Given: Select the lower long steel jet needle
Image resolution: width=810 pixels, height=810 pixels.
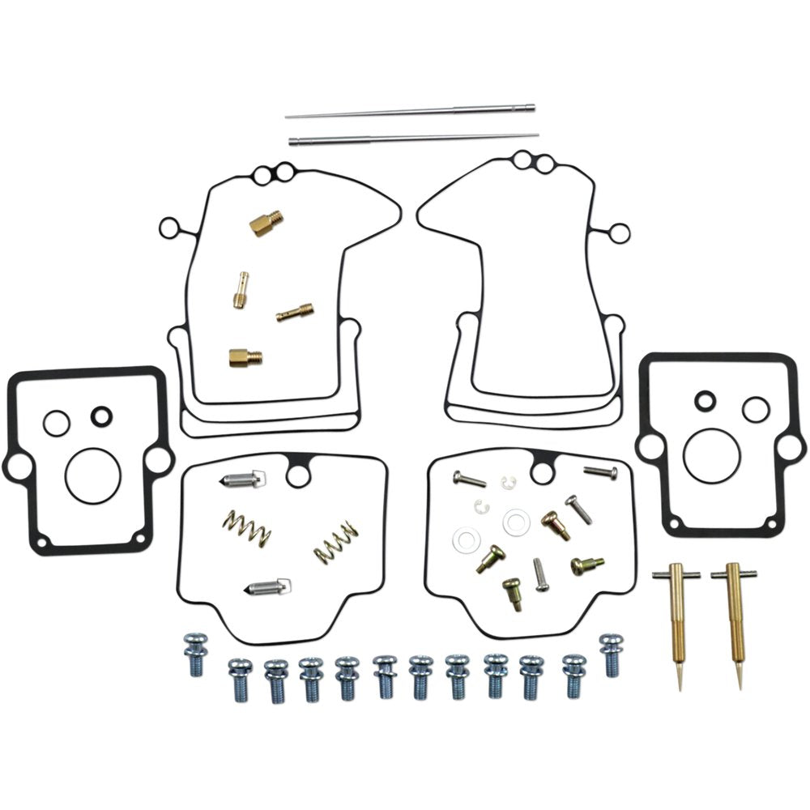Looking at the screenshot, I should pos(413,139).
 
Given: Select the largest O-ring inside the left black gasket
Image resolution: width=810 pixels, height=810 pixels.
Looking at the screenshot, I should pos(92,475).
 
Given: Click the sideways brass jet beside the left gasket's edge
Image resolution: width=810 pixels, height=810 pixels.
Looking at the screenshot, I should pos(295,313).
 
